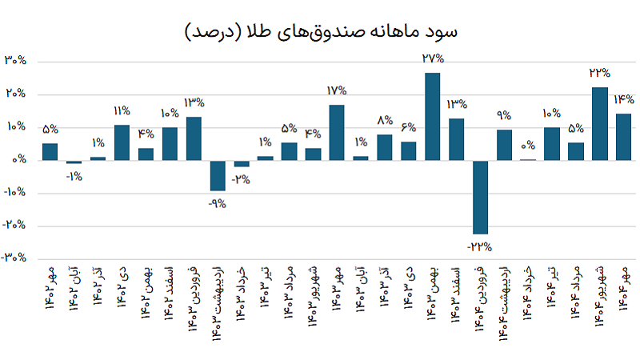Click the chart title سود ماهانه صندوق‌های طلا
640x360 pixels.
[320, 31]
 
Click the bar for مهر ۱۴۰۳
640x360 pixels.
[337, 132]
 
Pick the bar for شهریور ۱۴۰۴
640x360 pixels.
[600, 123]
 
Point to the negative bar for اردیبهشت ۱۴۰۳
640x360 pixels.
[217, 175]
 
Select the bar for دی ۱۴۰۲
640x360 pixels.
[122, 142]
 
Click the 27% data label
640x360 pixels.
[432, 58]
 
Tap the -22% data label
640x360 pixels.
[480, 246]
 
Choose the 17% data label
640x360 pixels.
[337, 90]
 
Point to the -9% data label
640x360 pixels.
[217, 202]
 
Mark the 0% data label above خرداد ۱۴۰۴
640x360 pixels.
[528, 146]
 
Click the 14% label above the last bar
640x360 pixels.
[624, 100]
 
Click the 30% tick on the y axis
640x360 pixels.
[17, 61]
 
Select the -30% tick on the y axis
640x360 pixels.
[15, 258]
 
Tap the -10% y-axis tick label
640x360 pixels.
[15, 193]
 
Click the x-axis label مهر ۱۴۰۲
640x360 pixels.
[50, 296]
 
